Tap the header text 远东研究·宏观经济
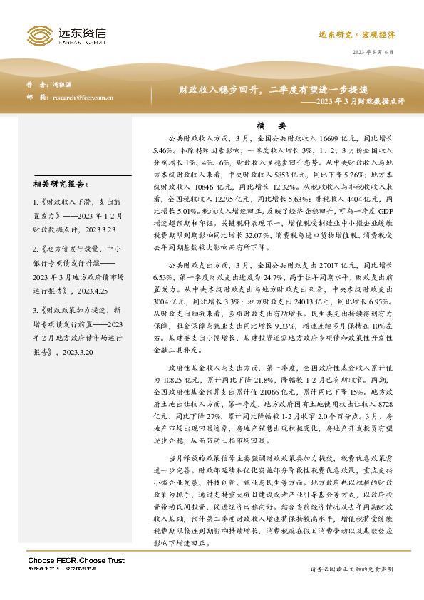[367, 34]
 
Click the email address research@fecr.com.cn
[83, 98]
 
